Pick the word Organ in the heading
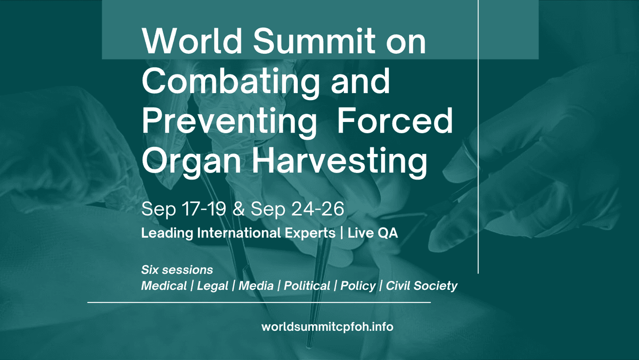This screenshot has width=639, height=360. [187, 161]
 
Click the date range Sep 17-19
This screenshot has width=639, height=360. [184, 209]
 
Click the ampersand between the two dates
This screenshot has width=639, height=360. [239, 209]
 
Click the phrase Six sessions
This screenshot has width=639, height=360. [177, 269]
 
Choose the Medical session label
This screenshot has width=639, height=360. [164, 286]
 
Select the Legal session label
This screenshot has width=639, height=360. [212, 286]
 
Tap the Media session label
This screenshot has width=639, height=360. [256, 286]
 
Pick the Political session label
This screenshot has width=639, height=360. [307, 286]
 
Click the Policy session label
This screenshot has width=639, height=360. [358, 286]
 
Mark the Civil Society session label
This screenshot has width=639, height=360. [421, 286]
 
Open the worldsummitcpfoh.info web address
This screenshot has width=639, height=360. [327, 326]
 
